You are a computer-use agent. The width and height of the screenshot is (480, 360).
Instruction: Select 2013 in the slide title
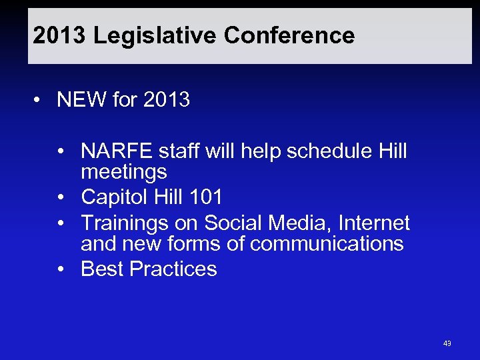pyautogui.click(x=59, y=35)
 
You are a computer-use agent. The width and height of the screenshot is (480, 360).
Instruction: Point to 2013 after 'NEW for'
pyautogui.click(x=166, y=100)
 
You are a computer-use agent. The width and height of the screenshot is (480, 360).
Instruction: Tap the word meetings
pyautogui.click(x=123, y=172)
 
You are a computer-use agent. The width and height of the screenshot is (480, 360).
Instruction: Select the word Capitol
pyautogui.click(x=113, y=197)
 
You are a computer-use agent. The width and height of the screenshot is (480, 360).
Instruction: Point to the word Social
pyautogui.click(x=235, y=223)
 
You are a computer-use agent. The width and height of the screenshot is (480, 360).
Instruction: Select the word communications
pyautogui.click(x=327, y=244)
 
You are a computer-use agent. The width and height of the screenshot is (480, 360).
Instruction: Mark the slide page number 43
pyautogui.click(x=447, y=343)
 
